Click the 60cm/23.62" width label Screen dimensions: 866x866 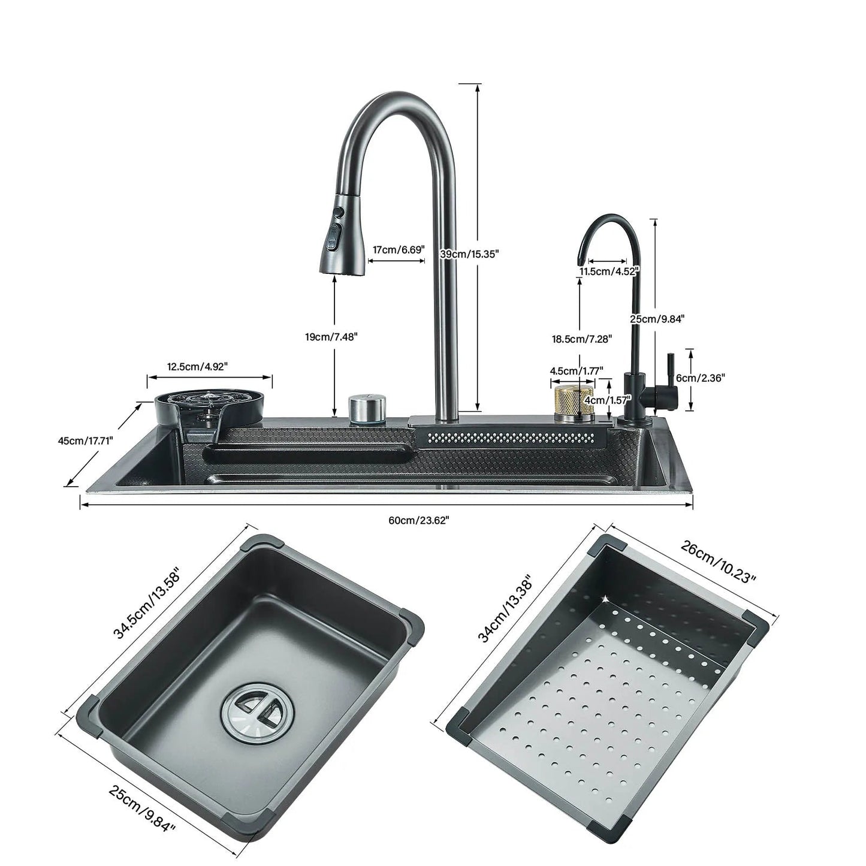tap(418, 520)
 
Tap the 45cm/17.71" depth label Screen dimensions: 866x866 tap(85, 440)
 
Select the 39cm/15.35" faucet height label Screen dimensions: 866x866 tap(470, 254)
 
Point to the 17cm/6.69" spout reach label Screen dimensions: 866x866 tap(399, 249)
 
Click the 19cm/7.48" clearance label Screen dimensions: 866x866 tap(331, 337)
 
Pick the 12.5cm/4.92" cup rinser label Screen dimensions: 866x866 tap(198, 366)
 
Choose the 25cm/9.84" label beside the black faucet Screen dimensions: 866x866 tap(657, 319)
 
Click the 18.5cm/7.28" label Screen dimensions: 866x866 tap(582, 339)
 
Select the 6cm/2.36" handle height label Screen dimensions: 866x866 tap(701, 378)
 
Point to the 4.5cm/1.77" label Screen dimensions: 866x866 tap(577, 370)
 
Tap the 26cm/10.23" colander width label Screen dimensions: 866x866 tap(719, 561)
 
